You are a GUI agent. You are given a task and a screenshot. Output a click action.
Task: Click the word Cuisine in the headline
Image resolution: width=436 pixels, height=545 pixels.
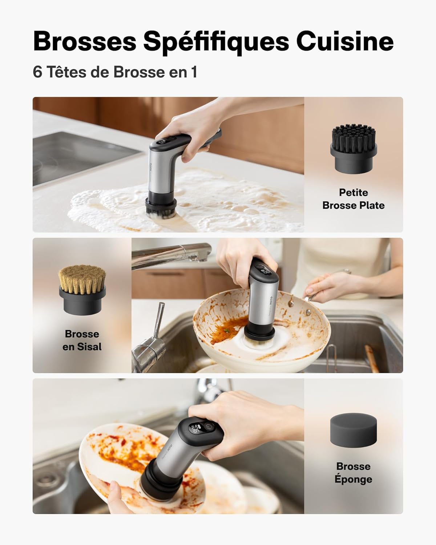coord(344,42)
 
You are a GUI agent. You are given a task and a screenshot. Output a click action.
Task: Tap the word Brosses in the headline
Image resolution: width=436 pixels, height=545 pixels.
coord(84,42)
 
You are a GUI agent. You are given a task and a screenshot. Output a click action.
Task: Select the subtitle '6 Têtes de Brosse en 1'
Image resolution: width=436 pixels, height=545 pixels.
coord(115,72)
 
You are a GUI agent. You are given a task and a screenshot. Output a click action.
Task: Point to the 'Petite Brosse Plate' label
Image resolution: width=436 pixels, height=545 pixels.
coord(353,199)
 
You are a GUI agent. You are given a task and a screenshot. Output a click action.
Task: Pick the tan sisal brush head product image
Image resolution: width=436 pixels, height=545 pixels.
coord(82,289)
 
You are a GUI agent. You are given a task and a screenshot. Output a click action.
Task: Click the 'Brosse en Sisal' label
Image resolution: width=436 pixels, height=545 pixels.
coord(82,340)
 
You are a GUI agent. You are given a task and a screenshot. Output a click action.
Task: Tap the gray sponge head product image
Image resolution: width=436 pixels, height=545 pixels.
coord(353,431)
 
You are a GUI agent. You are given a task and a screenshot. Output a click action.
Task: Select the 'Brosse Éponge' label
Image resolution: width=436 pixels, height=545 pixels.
coord(353,472)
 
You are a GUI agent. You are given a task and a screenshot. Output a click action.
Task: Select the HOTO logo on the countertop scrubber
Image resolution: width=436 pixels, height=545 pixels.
coord(152,169)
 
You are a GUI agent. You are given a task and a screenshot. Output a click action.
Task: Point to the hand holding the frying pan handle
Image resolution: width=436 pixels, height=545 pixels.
coord(327,283)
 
